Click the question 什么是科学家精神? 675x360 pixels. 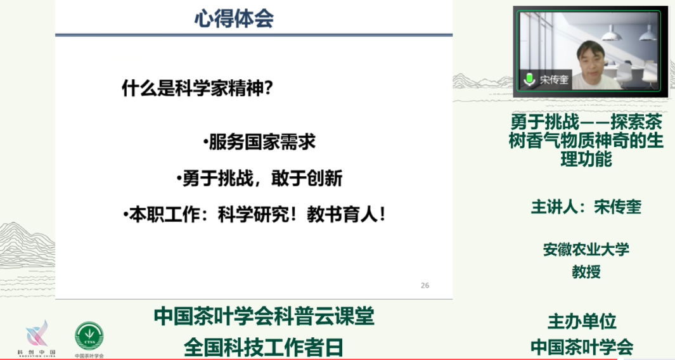tap(197, 89)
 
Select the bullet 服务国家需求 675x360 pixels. tap(259, 143)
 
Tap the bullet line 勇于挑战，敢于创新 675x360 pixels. tap(259, 179)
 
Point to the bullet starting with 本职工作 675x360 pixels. tap(254, 215)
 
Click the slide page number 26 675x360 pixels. tap(425, 285)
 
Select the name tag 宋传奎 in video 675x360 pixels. tap(553, 80)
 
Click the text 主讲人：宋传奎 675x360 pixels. tap(586, 207)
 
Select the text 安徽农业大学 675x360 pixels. tap(586, 249)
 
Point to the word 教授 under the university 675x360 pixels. tap(586, 272)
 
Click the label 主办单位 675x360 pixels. tap(582, 322)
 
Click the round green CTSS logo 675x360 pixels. tap(89, 336)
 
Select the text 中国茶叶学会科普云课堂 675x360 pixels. tap(264, 316)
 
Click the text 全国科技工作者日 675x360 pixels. tap(264, 347)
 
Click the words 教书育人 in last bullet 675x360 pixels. tap(347, 215)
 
